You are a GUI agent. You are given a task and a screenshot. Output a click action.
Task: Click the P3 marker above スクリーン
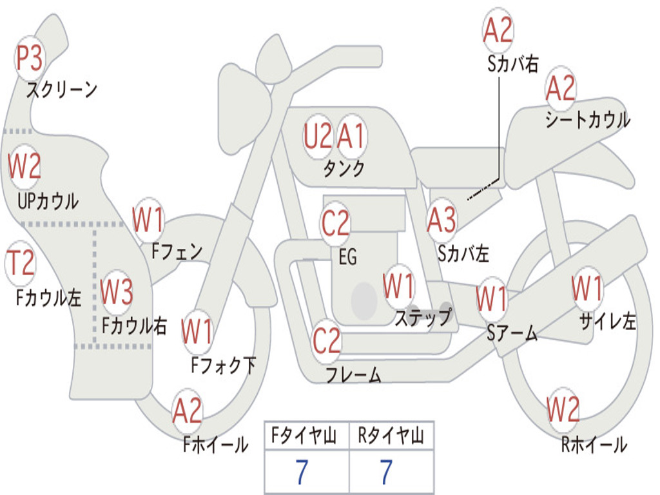(29, 59)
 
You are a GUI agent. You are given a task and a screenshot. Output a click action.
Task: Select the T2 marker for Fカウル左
(21, 264)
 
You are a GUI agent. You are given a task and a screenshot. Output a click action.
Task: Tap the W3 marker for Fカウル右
(117, 292)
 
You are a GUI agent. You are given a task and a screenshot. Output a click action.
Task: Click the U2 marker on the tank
(318, 137)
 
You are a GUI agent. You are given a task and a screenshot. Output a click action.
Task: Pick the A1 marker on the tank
(351, 137)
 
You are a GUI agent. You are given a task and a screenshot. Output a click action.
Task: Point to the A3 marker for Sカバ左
(442, 220)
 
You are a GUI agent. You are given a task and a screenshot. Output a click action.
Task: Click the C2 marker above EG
(335, 223)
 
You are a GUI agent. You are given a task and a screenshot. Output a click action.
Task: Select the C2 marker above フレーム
(327, 341)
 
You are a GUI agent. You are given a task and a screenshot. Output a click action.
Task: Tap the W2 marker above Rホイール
(563, 409)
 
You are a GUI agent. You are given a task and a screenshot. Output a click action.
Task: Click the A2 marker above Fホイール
(188, 411)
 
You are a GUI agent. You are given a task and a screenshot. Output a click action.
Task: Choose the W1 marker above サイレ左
(587, 289)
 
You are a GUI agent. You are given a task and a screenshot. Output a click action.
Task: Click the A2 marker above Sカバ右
(498, 30)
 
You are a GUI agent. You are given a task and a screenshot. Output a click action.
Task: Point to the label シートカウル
(588, 120)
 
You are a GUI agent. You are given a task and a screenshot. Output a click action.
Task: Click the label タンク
(344, 169)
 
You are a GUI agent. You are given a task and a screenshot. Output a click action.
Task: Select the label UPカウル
(48, 201)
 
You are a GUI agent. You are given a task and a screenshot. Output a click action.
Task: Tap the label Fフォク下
(223, 365)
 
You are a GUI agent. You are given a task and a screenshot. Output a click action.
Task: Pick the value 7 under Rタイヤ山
(387, 472)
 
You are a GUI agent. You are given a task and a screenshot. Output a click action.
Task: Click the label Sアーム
(512, 333)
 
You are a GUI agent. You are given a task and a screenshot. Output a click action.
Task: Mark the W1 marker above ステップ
(398, 287)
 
